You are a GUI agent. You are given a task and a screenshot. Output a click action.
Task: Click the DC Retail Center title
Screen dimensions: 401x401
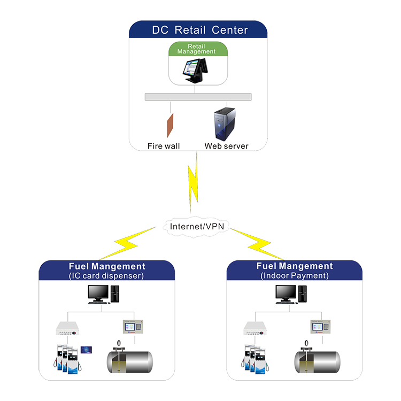[200, 30]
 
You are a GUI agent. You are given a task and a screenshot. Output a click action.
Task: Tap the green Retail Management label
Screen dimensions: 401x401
[196, 49]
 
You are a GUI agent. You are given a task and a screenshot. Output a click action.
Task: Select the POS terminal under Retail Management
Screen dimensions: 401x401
[195, 71]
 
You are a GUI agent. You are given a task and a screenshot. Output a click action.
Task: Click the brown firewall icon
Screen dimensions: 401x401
[170, 125]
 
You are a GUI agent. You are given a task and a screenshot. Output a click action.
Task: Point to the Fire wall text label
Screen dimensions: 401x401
[164, 146]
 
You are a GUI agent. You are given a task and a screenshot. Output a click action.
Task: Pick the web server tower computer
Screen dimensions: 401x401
[225, 124]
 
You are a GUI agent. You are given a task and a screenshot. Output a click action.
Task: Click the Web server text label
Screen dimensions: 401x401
[226, 146]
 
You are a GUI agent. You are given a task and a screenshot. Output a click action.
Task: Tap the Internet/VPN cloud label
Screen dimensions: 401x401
[197, 226]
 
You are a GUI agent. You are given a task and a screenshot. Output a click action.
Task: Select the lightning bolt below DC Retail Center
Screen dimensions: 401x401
[194, 183]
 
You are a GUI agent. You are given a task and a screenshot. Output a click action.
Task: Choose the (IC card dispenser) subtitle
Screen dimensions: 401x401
[106, 276]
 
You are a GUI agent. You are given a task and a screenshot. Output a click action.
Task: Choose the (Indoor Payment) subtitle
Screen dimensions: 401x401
[295, 275]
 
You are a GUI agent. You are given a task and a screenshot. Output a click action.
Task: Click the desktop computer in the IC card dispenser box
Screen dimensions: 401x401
[104, 295]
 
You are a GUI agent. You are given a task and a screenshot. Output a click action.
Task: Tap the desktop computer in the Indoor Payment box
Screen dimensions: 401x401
[291, 295]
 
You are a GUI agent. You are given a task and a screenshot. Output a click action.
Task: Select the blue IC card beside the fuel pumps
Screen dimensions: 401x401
[86, 350]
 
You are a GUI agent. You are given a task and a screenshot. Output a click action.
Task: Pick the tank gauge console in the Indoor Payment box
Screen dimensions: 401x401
[320, 327]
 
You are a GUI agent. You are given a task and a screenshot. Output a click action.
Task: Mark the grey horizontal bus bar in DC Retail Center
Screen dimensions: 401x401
[198, 97]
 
